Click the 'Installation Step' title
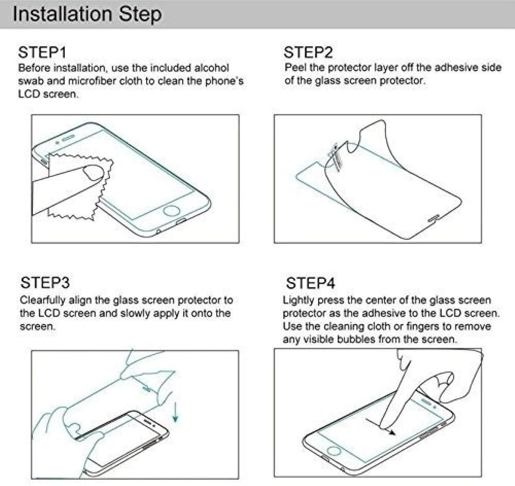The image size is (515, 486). tap(87, 14)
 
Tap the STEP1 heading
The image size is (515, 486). tap(42, 53)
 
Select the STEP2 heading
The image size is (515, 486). tap(308, 53)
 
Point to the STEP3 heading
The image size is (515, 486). tap(45, 283)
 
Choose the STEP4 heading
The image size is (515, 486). tap(310, 283)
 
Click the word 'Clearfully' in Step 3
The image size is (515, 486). tap(43, 300)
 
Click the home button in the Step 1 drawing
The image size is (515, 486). tap(171, 210)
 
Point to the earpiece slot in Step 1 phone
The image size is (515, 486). tap(68, 137)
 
